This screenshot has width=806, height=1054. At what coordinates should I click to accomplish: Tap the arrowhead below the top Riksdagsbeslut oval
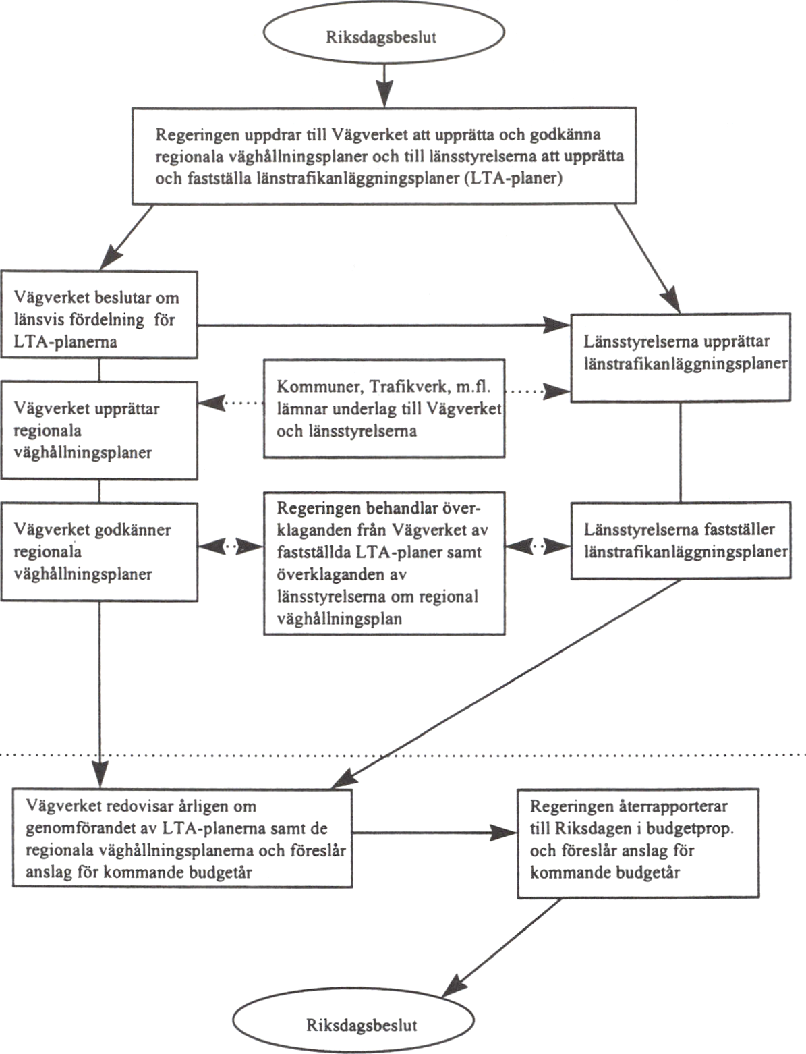tap(384, 94)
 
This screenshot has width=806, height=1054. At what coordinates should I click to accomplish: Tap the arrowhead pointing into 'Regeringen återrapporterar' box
tap(504, 833)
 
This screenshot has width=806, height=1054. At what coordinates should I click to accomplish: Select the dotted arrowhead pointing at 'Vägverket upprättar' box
tap(212, 402)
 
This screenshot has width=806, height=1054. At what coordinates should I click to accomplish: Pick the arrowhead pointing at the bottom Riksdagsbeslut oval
tap(454, 986)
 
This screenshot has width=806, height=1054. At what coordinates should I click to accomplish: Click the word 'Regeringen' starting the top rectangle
tap(197, 135)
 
